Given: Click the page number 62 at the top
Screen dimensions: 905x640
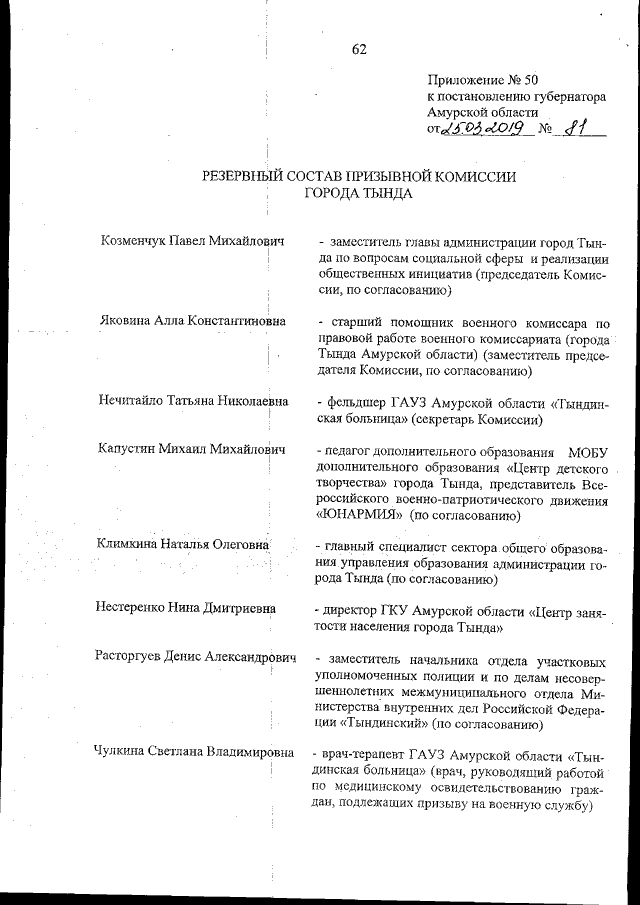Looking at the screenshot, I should [360, 50].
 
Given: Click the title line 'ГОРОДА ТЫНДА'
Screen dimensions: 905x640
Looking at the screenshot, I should [359, 194].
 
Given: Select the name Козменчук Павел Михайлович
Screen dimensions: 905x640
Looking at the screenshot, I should [193, 243].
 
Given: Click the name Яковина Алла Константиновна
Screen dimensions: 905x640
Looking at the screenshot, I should [192, 322].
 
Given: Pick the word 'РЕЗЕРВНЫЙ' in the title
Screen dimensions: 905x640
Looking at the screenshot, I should [247, 176].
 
